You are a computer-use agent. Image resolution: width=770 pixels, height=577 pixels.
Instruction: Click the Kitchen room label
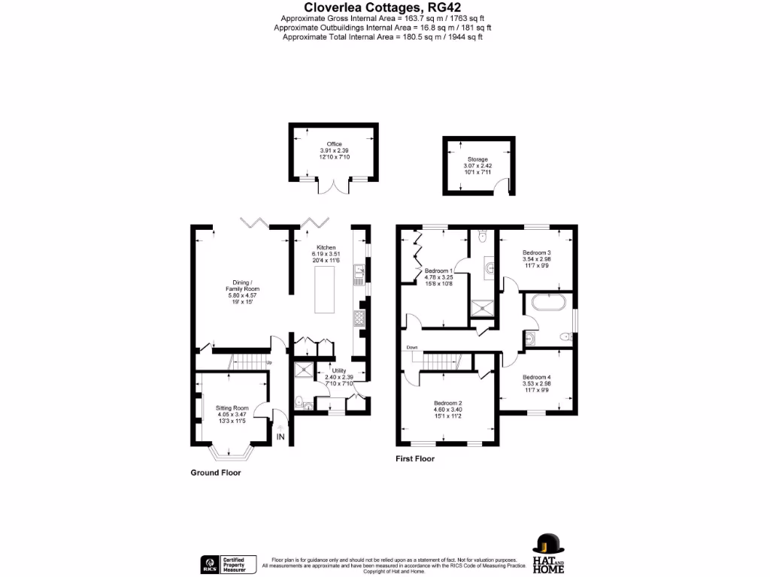click(326, 247)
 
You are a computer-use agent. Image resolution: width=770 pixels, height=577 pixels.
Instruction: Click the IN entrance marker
click(280, 437)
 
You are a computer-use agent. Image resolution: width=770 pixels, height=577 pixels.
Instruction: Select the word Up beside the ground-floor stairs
click(269, 364)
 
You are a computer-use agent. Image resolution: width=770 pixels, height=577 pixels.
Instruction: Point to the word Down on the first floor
click(411, 347)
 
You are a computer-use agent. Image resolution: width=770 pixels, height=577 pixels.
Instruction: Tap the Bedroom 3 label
click(537, 253)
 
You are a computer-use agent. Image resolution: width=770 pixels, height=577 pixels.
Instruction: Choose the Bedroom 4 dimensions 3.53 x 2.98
click(536, 383)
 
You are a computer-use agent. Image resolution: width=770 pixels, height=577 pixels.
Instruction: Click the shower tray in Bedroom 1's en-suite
click(480, 307)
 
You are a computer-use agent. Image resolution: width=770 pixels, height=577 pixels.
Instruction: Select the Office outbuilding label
click(334, 144)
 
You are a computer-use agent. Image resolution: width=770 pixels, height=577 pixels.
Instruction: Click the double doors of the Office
click(334, 186)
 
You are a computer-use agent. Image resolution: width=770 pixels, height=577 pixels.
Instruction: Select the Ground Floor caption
click(215, 473)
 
